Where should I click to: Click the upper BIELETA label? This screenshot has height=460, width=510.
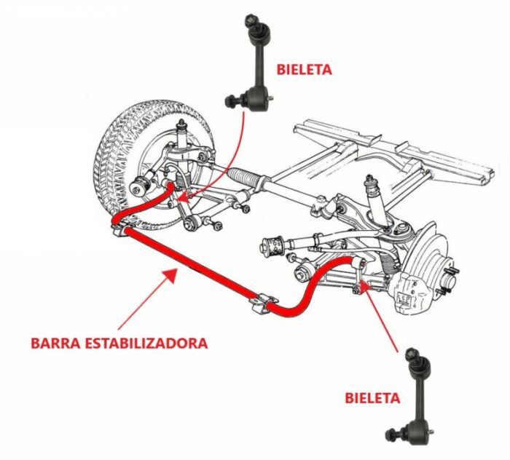304,70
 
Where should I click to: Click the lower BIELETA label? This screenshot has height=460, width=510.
372,398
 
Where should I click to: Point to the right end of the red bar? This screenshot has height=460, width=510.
358,263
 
